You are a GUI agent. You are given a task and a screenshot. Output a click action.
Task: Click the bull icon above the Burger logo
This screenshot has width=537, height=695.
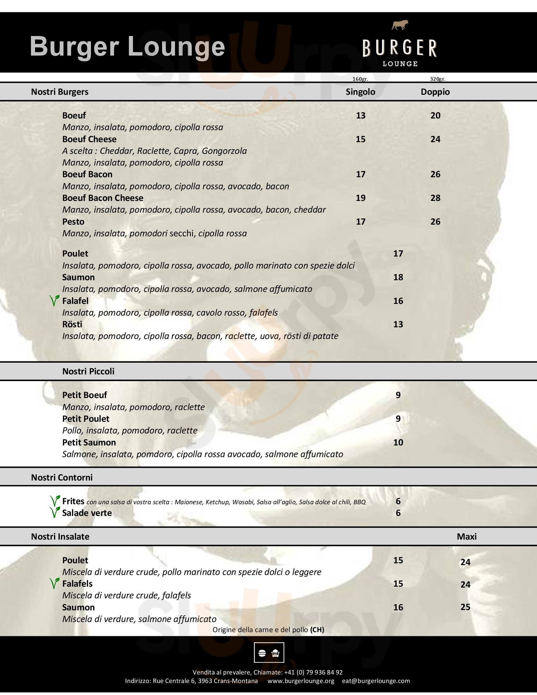pos(400,25)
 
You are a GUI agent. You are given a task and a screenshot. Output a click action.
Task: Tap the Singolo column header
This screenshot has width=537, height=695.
pos(360,92)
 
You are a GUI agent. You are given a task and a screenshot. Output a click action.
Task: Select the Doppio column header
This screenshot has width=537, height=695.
pos(435,92)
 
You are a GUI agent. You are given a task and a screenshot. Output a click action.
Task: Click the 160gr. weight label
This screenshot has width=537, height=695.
pos(360,79)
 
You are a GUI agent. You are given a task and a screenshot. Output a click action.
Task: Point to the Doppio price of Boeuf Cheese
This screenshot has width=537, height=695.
pos(435,139)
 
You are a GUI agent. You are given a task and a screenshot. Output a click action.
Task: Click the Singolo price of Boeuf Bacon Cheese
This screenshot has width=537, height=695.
pos(360,198)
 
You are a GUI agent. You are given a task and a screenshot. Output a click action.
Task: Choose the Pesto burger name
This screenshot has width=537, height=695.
pos(73,221)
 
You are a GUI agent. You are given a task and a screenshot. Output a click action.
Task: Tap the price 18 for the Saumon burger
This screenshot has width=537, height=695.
pos(398,277)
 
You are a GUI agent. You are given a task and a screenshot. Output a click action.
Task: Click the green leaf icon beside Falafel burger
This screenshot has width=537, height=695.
pos(54,300)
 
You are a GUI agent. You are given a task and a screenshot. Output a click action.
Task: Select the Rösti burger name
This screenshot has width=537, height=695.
pos(72,324)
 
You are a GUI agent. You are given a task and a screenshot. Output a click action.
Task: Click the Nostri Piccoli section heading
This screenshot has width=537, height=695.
pos(88,372)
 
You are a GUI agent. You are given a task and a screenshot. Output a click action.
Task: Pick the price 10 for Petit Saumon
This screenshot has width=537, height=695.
pos(398,442)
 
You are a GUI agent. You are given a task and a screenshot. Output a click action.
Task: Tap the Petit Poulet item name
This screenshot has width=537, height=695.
pos(86,419)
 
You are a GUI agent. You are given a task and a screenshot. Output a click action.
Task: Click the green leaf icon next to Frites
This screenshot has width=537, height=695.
pos(55,501)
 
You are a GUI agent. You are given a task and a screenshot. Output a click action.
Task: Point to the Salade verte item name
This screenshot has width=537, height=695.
pos(87,513)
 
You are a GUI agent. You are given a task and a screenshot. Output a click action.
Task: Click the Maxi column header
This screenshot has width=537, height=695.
pos(466,536)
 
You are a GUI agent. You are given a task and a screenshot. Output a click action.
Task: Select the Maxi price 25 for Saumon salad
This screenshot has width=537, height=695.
pos(465,607)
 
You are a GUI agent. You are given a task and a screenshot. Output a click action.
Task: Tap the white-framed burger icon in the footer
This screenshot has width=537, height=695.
pos(269,652)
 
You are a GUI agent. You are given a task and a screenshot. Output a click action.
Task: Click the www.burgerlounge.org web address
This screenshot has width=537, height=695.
pos(301,681)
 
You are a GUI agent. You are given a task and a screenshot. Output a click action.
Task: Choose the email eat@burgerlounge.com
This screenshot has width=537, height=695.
pos(376,681)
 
